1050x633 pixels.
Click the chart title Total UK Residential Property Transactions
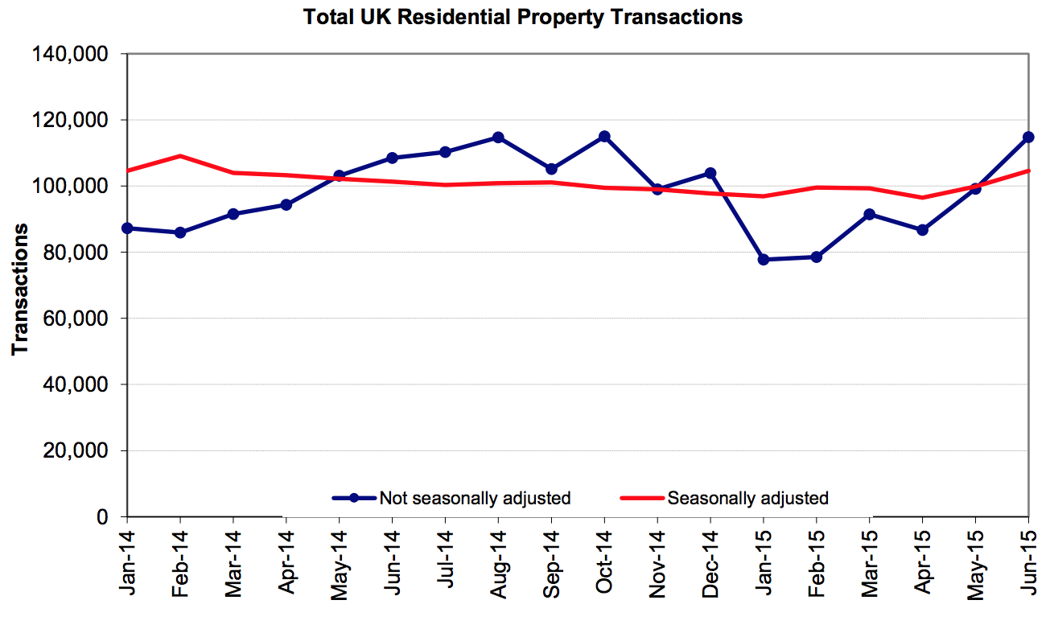point(523,17)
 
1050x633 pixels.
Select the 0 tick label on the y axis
point(103,516)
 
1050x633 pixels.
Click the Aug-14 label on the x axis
point(499,564)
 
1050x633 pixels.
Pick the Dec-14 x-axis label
point(710,564)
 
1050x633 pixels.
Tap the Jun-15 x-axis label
point(1028,564)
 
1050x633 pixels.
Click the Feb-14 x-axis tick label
point(181,564)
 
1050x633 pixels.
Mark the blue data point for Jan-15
point(764,260)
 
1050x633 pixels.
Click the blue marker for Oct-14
point(604,137)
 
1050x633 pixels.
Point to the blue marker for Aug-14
point(498,138)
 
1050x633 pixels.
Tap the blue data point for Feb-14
point(180,232)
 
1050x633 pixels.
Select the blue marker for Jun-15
point(1027,138)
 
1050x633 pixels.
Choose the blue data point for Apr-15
point(922,230)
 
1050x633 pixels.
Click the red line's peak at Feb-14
point(180,156)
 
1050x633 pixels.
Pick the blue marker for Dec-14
point(710,173)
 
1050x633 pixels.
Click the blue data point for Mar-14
point(233,214)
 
